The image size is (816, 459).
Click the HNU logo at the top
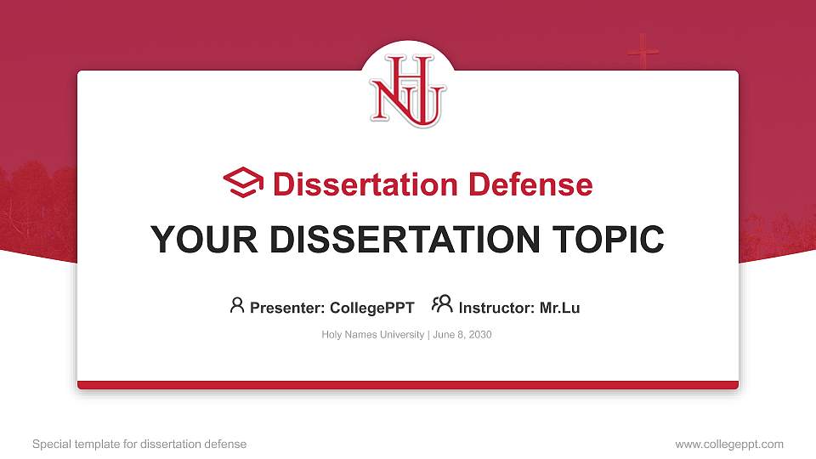pos(408,90)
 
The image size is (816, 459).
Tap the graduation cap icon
pos(243,184)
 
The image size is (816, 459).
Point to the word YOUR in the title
pos(198,240)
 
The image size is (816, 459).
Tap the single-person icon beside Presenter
pos(237,305)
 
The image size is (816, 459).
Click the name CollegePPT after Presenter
pos(371,308)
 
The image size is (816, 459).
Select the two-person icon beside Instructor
pos(441,305)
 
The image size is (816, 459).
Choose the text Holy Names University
pos(372,335)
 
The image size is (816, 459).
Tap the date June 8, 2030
pos(462,335)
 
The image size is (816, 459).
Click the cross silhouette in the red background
pos(643,53)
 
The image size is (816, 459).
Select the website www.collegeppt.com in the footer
pos(729,444)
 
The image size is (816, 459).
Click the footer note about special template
pos(139,444)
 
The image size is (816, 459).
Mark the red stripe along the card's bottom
pos(408,385)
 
